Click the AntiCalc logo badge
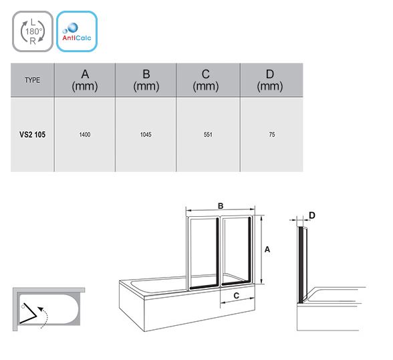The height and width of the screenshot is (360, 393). coord(77,31)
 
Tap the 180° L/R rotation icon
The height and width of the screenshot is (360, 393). coord(33,31)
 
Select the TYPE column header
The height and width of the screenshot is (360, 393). coord(32,80)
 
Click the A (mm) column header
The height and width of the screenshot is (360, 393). coord(85,80)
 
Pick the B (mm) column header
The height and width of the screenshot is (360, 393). coord(146,80)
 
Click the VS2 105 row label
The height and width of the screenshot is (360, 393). coord(32,134)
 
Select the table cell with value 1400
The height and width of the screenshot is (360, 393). coord(85,134)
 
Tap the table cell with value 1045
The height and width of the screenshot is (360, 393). coord(146,134)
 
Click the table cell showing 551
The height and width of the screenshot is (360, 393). coord(208,134)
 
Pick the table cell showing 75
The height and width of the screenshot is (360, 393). coord(271,134)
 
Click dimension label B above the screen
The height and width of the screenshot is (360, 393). coord(221,206)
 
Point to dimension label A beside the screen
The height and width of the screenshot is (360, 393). coord(267,250)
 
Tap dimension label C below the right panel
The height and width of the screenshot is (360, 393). coord(237,296)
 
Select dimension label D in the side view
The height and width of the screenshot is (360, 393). coord(312,215)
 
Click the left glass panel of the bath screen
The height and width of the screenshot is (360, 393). coord(203,253)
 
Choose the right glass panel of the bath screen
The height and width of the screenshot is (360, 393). coord(237,251)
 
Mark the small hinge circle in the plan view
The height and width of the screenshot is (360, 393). coord(23,306)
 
